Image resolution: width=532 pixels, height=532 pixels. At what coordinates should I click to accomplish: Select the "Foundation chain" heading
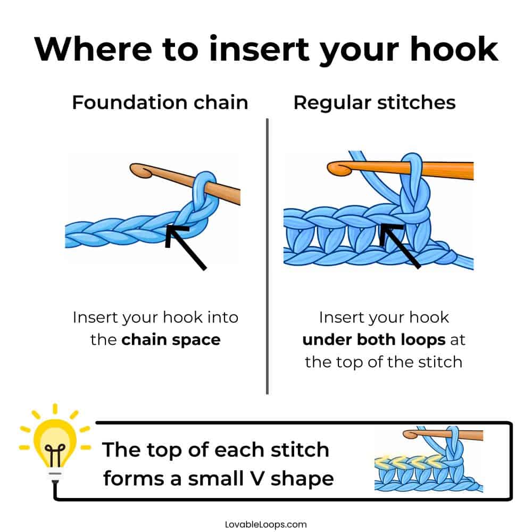(160, 102)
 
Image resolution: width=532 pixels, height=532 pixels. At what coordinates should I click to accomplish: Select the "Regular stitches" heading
(375, 102)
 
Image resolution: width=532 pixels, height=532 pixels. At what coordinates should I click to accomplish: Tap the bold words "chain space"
(171, 339)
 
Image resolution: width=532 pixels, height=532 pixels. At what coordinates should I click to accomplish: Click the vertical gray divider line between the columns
(267, 255)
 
